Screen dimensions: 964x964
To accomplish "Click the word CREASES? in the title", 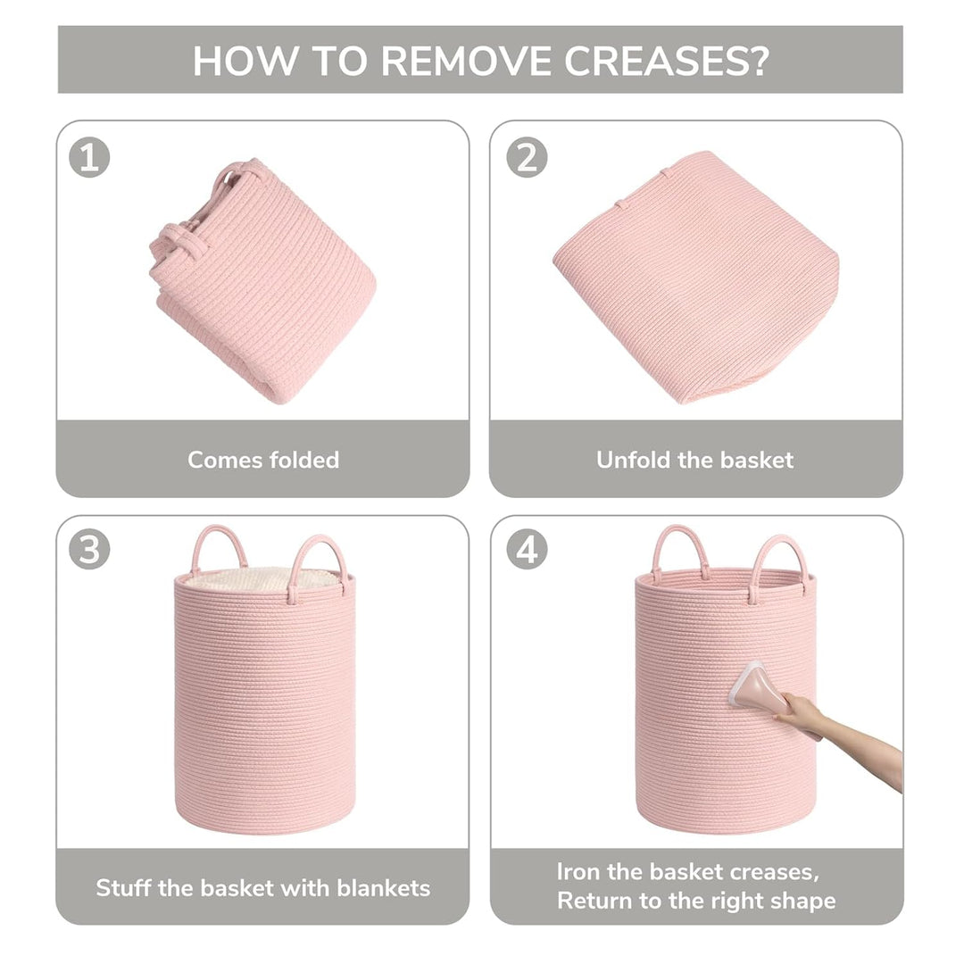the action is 667,61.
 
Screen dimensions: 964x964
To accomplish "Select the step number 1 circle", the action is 89,157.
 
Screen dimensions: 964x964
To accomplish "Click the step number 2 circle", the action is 527,157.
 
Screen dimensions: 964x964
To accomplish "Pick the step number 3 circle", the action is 89,549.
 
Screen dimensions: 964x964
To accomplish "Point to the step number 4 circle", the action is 527,549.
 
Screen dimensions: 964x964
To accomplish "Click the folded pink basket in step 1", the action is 263,280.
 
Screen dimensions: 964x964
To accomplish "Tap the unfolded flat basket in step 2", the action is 696,277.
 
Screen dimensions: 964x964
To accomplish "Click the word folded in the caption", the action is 304,460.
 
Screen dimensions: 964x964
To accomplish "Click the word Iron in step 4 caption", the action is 578,871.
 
